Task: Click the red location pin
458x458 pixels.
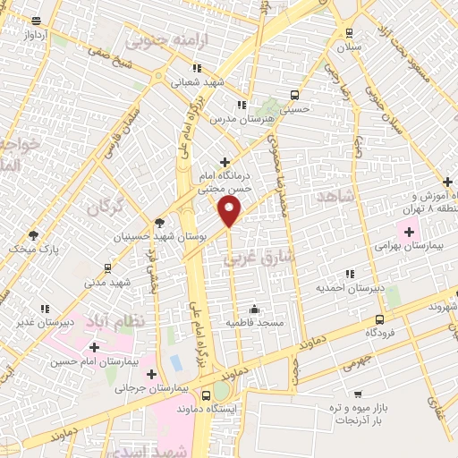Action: (230, 211)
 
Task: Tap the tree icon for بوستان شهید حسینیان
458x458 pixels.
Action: (159, 223)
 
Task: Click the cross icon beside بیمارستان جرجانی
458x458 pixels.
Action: (151, 374)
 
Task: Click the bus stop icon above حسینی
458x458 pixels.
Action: (295, 95)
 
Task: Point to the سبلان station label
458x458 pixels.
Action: (349, 47)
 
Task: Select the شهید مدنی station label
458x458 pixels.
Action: (107, 282)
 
